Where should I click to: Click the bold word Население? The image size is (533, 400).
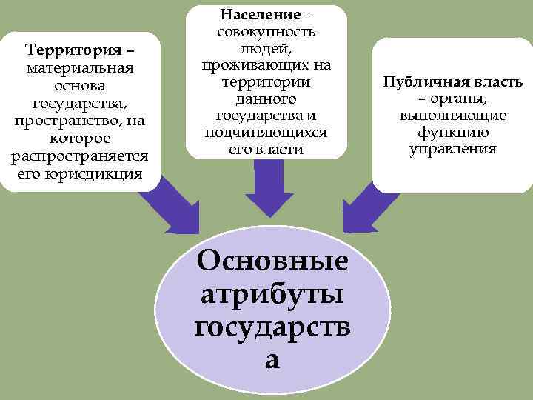coord(260,15)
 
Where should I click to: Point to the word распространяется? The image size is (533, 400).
coord(79,157)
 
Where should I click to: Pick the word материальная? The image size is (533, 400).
coord(79,69)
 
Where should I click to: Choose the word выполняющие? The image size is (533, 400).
coord(452,116)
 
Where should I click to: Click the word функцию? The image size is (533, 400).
coord(452,132)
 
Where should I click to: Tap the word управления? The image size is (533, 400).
coord(452,148)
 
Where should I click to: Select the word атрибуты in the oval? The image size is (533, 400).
coord(272,294)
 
